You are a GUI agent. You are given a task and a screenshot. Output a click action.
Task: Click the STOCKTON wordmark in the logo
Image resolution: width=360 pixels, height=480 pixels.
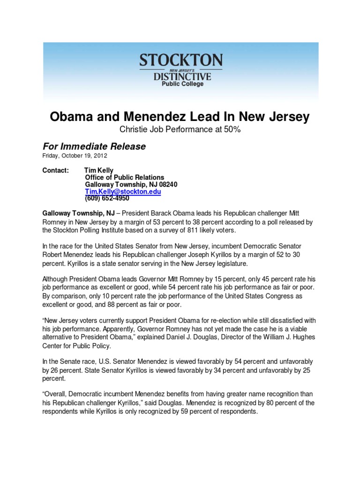click(x=180, y=60)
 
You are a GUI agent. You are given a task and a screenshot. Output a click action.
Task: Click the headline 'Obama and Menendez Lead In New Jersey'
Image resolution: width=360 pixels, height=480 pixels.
click(x=180, y=117)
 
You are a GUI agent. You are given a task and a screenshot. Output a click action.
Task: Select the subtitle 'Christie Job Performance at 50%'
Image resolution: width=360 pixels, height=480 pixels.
click(x=180, y=130)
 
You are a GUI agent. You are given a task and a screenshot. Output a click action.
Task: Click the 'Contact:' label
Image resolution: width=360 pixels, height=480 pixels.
click(x=56, y=171)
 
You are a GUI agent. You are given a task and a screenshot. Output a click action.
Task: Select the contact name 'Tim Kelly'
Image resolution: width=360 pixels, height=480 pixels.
click(x=98, y=171)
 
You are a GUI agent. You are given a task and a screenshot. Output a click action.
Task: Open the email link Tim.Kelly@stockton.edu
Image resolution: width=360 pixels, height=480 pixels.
click(x=123, y=192)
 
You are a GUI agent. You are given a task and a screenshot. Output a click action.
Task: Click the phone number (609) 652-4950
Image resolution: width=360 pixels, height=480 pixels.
click(x=107, y=198)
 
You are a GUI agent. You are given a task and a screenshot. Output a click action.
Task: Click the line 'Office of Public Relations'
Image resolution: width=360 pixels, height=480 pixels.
click(x=124, y=178)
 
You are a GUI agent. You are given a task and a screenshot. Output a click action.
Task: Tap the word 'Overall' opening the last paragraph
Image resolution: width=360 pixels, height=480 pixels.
click(x=57, y=395)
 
